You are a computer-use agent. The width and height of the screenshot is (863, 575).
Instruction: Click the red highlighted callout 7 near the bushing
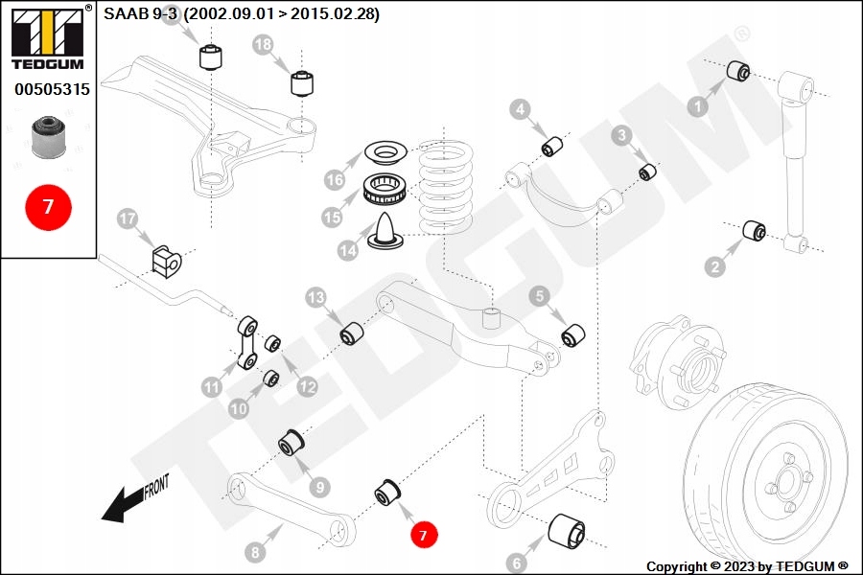pyautogui.click(x=424, y=534)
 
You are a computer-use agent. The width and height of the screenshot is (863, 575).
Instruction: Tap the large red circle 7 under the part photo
pyautogui.click(x=48, y=207)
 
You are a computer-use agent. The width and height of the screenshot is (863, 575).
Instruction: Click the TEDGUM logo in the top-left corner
pyautogui.click(x=46, y=37)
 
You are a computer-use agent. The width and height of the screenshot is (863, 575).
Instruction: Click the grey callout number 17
pyautogui.click(x=128, y=219)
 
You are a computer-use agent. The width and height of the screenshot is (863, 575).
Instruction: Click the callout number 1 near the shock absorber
pyautogui.click(x=697, y=108)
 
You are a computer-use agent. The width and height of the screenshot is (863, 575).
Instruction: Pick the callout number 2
pyautogui.click(x=714, y=267)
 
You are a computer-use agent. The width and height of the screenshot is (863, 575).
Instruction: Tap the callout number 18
pyautogui.click(x=263, y=44)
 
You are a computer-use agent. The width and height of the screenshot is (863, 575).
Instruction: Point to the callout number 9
pyautogui.click(x=319, y=486)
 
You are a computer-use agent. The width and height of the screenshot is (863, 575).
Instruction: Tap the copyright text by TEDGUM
pyautogui.click(x=747, y=565)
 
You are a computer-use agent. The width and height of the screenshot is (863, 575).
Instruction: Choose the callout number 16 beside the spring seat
pyautogui.click(x=334, y=179)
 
